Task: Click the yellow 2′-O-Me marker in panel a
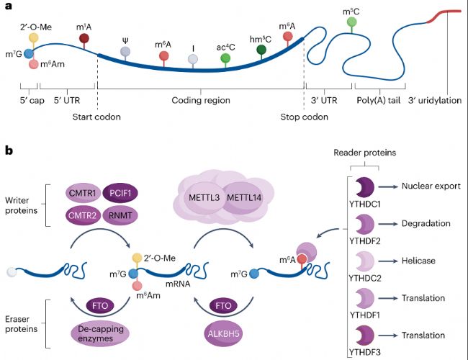coord(33,37)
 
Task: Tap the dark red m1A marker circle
coord(84,39)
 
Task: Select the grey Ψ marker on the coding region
coord(125,52)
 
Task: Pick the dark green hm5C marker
coord(261,50)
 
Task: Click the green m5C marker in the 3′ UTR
coord(351,22)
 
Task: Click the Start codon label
coord(97,117)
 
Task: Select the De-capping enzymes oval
coord(99,333)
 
